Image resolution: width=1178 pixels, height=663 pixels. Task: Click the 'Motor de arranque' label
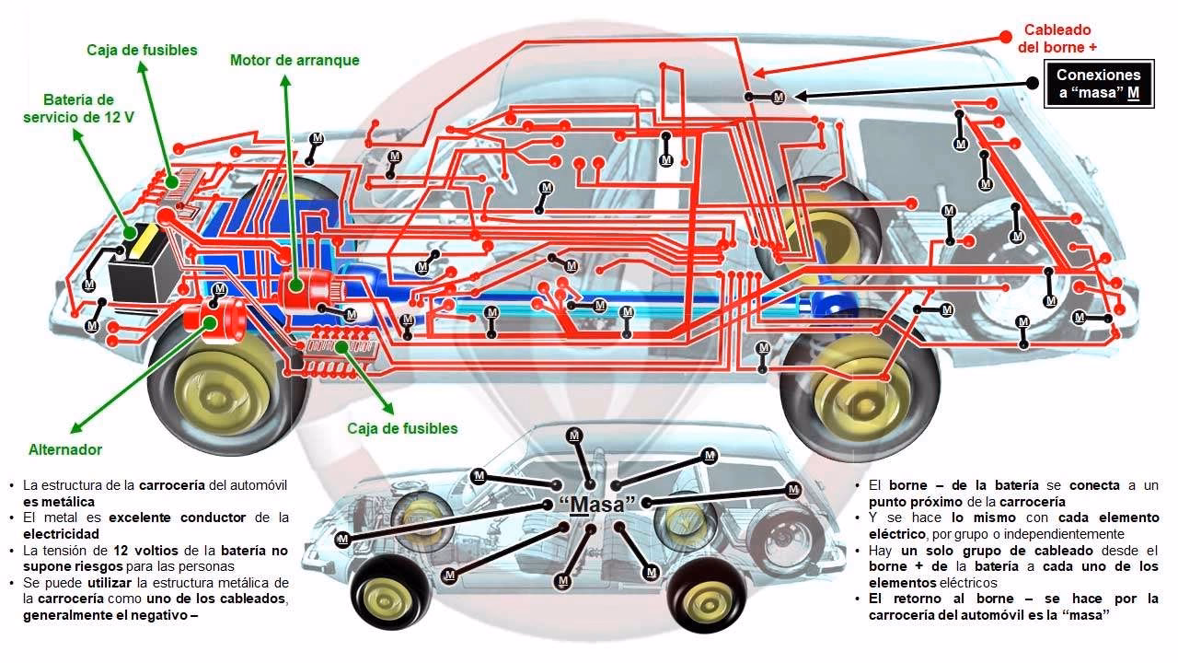coord(294,61)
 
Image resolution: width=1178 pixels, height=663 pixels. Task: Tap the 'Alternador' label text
coord(65,450)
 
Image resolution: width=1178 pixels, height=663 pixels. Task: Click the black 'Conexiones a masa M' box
coord(1098,85)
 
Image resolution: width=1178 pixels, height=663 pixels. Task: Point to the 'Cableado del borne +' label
coord(1057,39)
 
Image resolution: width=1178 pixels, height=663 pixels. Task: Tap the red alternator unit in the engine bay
coord(214,320)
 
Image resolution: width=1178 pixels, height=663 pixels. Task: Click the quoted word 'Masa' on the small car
coord(597,505)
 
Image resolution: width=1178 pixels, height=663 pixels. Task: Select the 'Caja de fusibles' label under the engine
coord(402,428)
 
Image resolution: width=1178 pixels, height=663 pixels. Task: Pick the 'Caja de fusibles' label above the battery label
coord(142,51)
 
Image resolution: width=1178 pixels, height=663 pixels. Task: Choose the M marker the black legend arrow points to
coord(778,96)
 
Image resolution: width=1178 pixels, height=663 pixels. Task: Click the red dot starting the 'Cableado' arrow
coord(1006,38)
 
